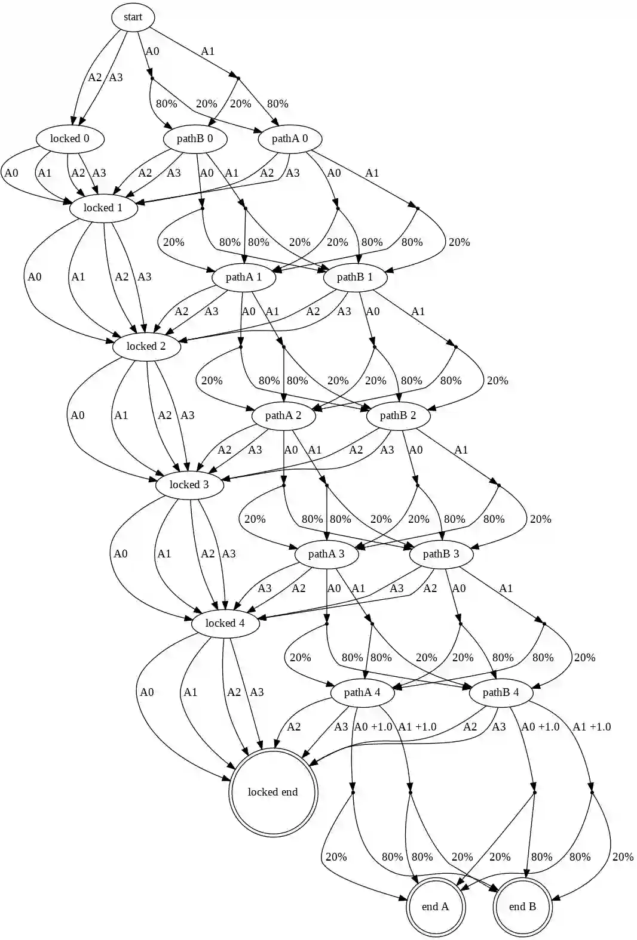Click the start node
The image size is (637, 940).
(x=133, y=17)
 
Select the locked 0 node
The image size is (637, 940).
(x=70, y=138)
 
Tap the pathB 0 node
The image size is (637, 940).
(x=195, y=138)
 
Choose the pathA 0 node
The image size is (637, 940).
(x=290, y=138)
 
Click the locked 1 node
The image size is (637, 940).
(x=103, y=208)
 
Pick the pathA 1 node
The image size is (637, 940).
(x=244, y=277)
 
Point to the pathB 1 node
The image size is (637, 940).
(x=355, y=277)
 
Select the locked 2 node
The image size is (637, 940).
(x=146, y=346)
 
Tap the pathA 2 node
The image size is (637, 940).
(x=283, y=415)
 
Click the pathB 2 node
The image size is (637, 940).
(x=398, y=415)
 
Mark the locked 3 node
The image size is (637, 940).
(x=189, y=485)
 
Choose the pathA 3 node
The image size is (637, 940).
(x=326, y=554)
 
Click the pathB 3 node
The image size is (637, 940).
(x=441, y=554)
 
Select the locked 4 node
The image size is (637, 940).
(x=225, y=623)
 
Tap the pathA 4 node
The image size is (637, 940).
(x=362, y=692)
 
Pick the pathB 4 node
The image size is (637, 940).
(x=501, y=692)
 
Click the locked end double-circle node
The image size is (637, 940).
(x=272, y=792)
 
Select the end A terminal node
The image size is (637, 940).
(x=435, y=907)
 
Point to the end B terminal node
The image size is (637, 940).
(x=522, y=907)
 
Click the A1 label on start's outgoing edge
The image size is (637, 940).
(x=207, y=51)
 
